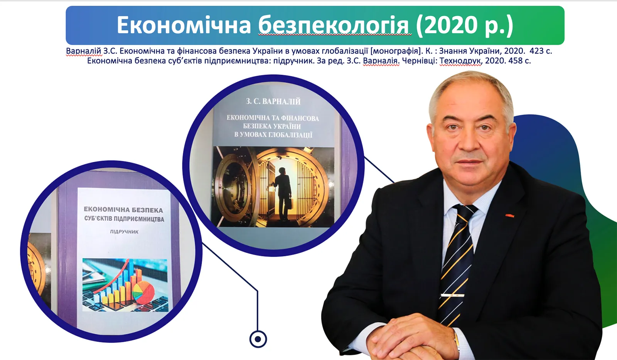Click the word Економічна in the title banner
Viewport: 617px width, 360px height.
click(x=184, y=25)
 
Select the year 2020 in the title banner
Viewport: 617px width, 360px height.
click(x=451, y=25)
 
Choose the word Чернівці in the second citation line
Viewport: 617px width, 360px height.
click(x=420, y=61)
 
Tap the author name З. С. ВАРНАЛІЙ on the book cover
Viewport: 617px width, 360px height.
click(x=273, y=101)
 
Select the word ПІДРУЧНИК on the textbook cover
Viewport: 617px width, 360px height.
click(x=124, y=232)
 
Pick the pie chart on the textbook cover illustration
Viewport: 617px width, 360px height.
click(x=143, y=292)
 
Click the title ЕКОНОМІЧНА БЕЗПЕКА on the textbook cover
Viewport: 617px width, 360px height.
click(x=123, y=210)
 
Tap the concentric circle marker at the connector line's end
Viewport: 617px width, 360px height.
click(x=258, y=339)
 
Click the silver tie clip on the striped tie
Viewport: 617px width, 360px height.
click(x=453, y=295)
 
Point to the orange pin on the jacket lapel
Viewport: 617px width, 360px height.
click(x=509, y=215)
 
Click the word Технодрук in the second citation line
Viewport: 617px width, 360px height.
click(x=460, y=61)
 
